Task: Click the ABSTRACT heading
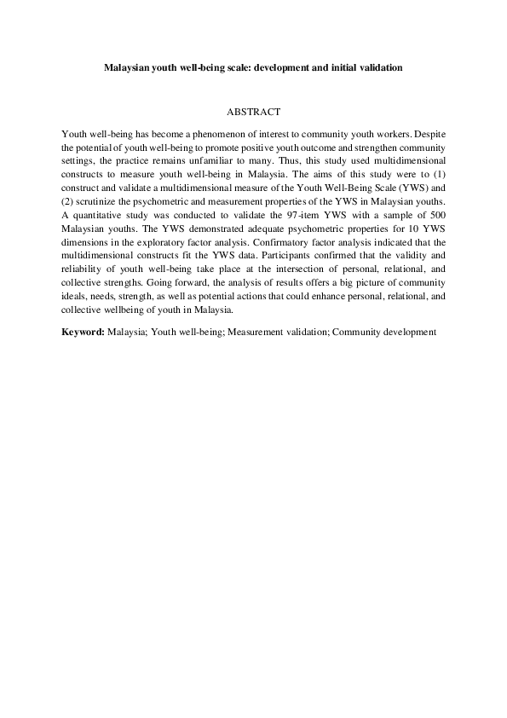tap(253, 112)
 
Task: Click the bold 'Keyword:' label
tap(84, 331)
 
